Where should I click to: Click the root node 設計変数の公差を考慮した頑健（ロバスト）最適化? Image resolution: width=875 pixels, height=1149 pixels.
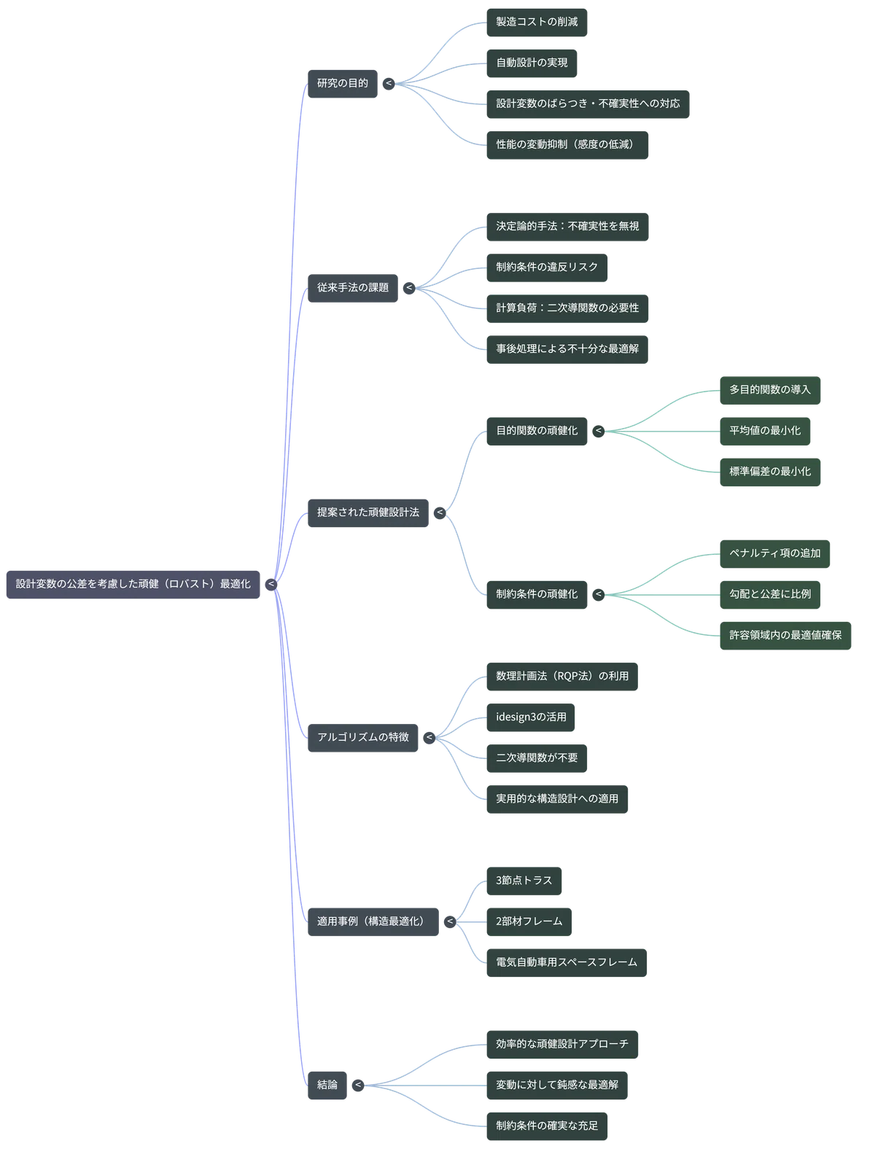[x=133, y=584]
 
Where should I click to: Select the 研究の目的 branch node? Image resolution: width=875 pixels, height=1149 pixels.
[x=342, y=84]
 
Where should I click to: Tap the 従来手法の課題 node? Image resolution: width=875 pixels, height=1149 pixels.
[x=353, y=288]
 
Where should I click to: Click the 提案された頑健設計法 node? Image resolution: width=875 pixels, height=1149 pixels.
[x=368, y=513]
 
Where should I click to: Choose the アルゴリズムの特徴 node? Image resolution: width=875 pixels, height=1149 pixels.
[x=362, y=738]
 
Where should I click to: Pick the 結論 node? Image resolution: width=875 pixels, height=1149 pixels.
[x=327, y=1085]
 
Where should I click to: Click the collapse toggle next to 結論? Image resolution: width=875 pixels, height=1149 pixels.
[x=358, y=1085]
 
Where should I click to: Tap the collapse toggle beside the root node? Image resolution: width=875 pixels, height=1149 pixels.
[x=271, y=584]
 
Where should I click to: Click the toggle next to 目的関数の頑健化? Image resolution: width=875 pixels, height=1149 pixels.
[x=598, y=431]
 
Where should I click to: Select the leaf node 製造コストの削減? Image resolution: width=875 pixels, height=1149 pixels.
[x=537, y=23]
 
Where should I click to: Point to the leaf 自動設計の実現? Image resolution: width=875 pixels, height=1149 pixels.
[x=532, y=63]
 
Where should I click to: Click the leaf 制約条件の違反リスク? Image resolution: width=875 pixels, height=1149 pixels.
[x=547, y=268]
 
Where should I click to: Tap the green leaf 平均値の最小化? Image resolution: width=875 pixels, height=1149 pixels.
[x=765, y=432]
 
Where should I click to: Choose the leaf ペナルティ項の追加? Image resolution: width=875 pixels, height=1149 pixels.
[x=775, y=554]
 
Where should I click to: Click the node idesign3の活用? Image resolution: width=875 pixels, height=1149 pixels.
[x=531, y=717]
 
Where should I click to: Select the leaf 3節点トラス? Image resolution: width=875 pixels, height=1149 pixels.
[x=524, y=881]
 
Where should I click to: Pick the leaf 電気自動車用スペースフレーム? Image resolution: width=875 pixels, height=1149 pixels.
[x=567, y=962]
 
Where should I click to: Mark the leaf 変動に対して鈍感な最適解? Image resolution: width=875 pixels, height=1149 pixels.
[x=557, y=1085]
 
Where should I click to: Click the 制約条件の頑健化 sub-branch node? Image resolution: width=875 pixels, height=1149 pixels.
[x=537, y=595]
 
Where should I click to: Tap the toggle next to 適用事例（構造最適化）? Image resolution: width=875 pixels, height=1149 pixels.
[x=450, y=922]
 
